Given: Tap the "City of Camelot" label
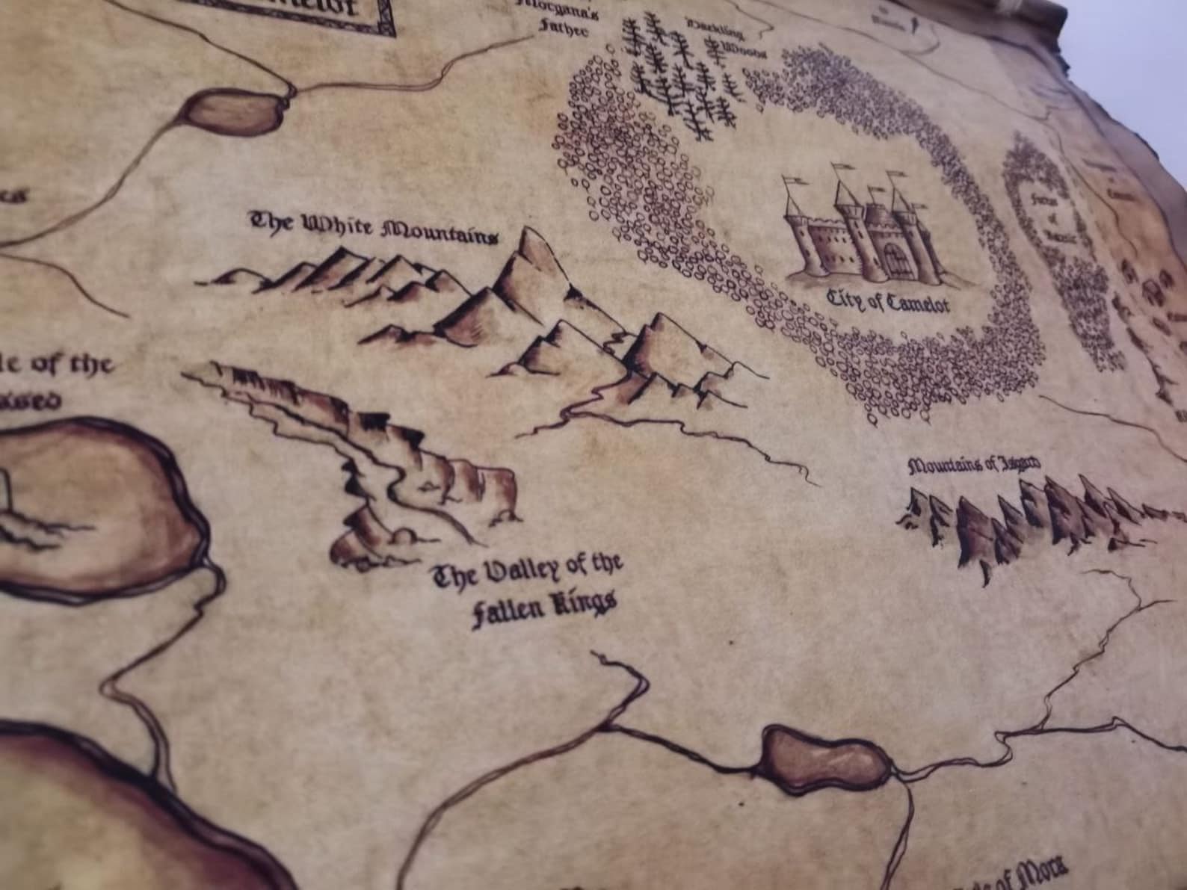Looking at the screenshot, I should [887, 300].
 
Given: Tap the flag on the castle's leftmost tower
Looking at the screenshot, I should [793, 181].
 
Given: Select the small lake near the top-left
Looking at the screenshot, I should [233, 111].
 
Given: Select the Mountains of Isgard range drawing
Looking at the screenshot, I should [1032, 516].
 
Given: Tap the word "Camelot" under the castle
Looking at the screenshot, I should [915, 304].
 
